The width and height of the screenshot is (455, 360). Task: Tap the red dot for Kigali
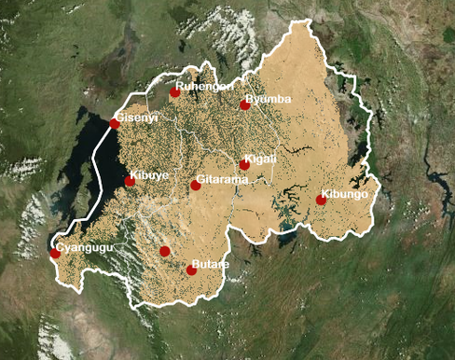[x=244, y=165]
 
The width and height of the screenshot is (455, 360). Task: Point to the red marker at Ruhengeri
[x=174, y=91]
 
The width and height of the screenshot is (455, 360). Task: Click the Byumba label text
[x=269, y=99]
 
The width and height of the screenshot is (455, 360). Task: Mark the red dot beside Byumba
[x=245, y=104]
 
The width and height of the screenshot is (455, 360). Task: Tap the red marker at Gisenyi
[x=115, y=123]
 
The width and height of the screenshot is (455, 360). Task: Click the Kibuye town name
[x=150, y=174]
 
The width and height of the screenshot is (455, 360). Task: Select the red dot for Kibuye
[x=130, y=181]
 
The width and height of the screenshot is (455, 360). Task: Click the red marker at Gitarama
[x=196, y=185]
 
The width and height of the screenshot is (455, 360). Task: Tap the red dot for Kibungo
[x=322, y=200]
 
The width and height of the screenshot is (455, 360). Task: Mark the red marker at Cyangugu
[x=55, y=253]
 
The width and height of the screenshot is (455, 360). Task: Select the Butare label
[x=210, y=264]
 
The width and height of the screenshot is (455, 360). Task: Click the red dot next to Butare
[x=191, y=270]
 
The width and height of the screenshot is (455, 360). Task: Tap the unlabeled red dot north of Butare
[x=165, y=251]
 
